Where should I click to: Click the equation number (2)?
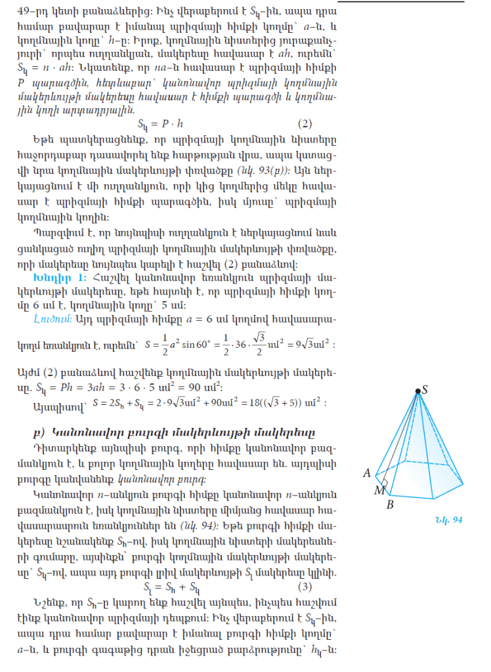pyautogui.click(x=304, y=123)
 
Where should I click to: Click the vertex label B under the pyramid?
pyautogui.click(x=389, y=505)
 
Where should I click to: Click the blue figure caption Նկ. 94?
pyautogui.click(x=449, y=520)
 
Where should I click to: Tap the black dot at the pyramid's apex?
pyautogui.click(x=417, y=392)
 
